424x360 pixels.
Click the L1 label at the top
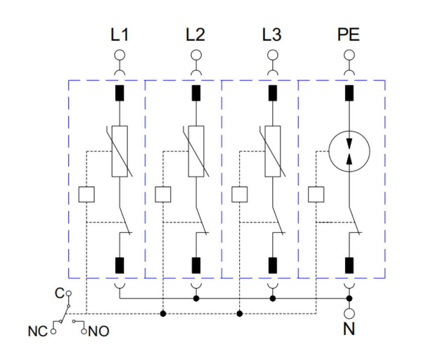[120, 34]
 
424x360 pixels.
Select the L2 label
[195, 34]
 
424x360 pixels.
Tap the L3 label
[272, 34]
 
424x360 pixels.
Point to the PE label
[348, 34]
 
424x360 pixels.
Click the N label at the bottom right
[349, 329]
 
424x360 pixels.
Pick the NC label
[38, 331]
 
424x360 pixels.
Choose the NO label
[98, 331]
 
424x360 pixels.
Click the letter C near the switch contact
[60, 293]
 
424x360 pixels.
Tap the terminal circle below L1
[120, 55]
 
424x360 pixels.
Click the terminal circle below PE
[349, 55]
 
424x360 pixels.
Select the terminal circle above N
[349, 314]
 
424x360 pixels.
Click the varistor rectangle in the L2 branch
[196, 151]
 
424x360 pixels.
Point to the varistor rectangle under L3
[273, 151]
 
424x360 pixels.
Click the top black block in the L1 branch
[120, 93]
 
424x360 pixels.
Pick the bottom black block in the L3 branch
[273, 265]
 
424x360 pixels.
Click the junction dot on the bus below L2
[196, 299]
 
